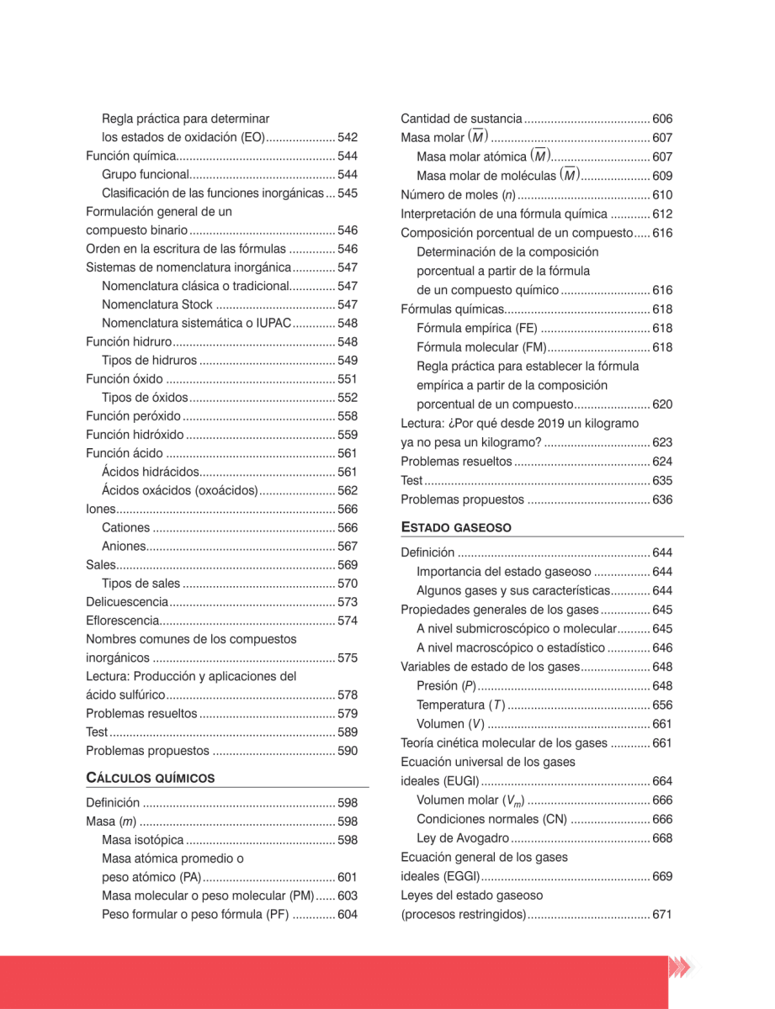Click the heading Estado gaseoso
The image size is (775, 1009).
click(x=456, y=527)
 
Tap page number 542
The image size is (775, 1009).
click(x=348, y=137)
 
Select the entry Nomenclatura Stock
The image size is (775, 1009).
click(x=157, y=304)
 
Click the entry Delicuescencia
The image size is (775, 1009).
click(x=128, y=602)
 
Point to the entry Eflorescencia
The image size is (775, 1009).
click(x=123, y=621)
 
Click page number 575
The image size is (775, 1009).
click(x=348, y=658)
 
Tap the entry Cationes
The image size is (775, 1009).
click(x=125, y=528)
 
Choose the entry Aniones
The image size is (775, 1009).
click(x=124, y=547)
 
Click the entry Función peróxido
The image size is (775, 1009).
click(x=133, y=416)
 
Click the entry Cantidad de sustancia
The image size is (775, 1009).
click(x=461, y=119)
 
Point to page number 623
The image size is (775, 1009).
click(x=662, y=442)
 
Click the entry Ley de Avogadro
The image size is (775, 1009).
click(x=463, y=838)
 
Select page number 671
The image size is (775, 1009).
click(x=662, y=914)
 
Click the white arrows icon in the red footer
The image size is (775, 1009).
click(x=679, y=968)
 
